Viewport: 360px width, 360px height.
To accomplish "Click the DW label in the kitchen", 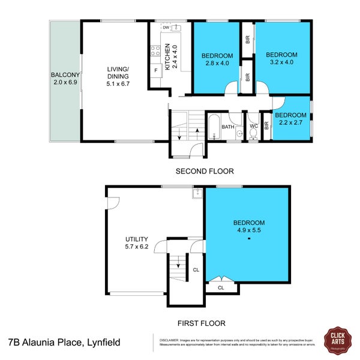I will [166, 28].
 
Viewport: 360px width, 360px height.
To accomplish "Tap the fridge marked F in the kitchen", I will [155, 70].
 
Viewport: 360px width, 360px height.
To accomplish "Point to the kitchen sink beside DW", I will [176, 28].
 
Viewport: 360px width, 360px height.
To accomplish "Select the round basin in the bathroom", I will [238, 134].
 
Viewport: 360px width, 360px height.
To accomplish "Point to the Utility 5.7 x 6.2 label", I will [136, 242].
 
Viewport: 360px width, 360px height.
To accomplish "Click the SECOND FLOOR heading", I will [205, 171].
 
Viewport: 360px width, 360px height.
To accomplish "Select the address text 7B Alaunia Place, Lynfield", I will [64, 343].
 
